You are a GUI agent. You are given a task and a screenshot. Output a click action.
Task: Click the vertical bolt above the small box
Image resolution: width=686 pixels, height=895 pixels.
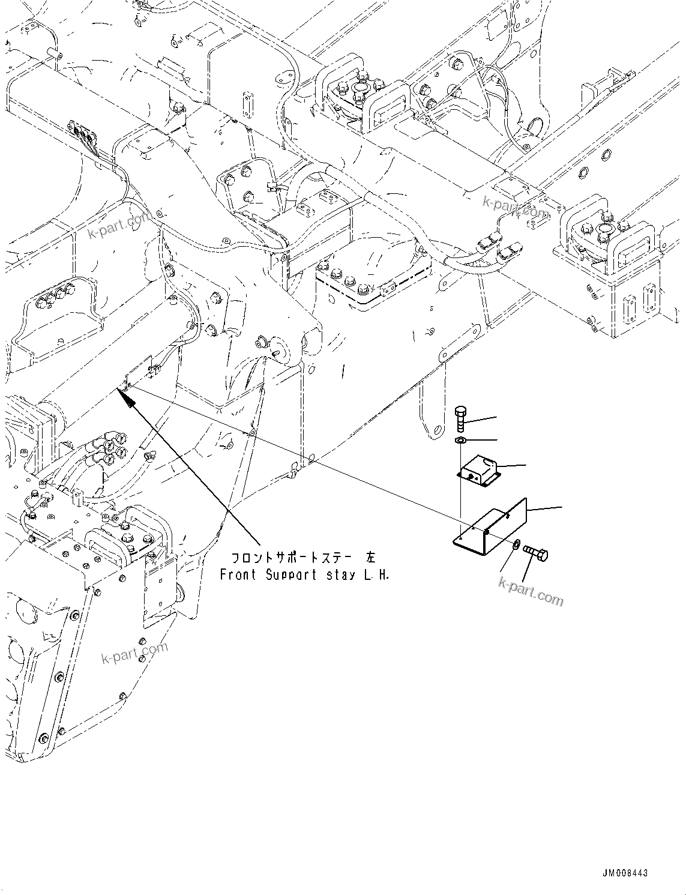click(460, 420)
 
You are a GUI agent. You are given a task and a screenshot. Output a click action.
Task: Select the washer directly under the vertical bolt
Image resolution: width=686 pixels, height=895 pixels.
click(460, 441)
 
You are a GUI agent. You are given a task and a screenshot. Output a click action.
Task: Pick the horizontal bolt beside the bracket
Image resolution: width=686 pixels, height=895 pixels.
click(535, 552)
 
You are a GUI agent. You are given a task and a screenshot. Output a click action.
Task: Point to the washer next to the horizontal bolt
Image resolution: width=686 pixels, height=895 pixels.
click(516, 544)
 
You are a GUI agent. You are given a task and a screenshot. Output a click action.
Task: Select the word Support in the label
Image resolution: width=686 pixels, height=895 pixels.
click(290, 574)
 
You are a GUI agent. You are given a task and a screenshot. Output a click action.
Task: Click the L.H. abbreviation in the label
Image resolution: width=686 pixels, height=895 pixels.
click(378, 574)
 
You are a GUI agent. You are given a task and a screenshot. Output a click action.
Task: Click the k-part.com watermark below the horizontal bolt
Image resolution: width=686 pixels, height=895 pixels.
click(531, 590)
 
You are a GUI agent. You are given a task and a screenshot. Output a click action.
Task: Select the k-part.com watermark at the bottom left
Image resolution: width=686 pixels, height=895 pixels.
click(136, 654)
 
